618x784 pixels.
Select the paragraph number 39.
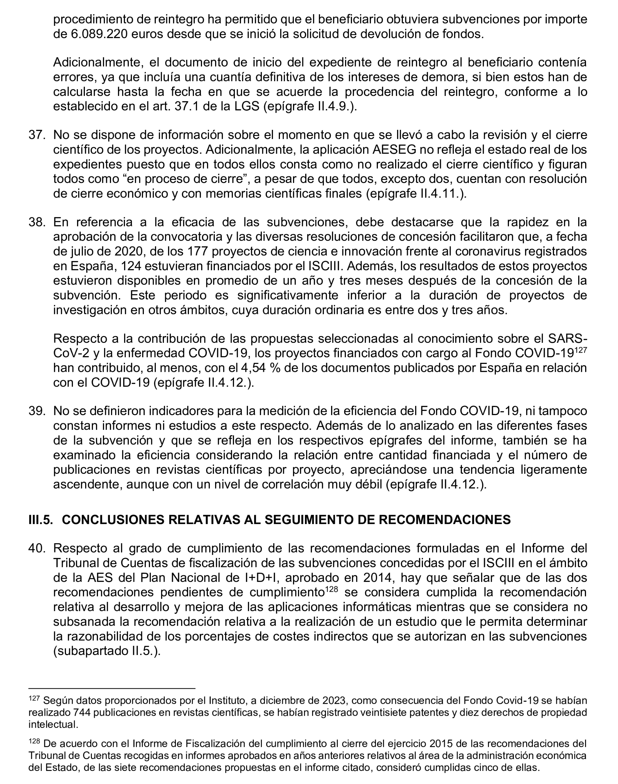click(x=37, y=411)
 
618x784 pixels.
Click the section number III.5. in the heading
click(x=41, y=520)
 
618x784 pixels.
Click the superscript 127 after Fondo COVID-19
click(x=581, y=350)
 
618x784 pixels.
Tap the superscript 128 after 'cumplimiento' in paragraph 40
click(x=331, y=589)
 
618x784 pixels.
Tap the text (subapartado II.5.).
click(x=107, y=651)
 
